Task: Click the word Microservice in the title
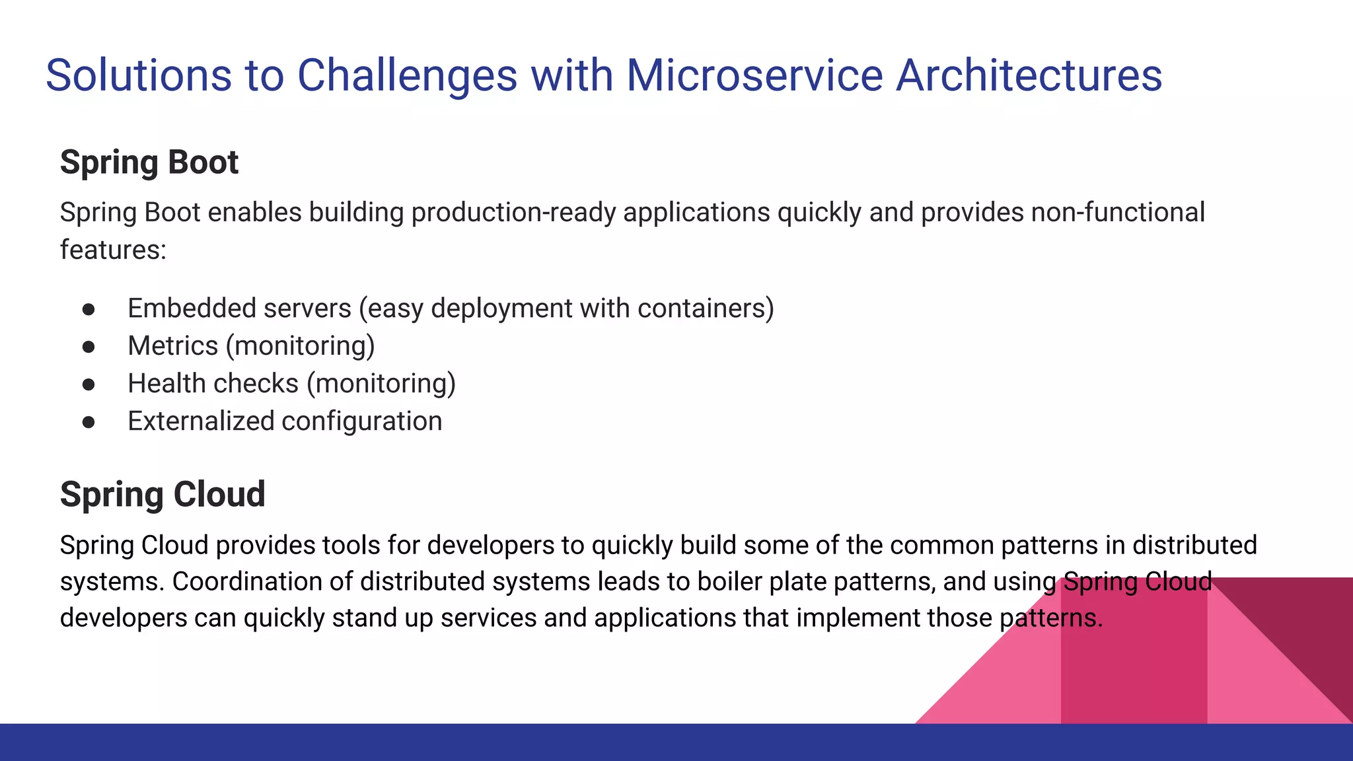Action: coord(754,75)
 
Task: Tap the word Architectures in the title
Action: coord(1029,75)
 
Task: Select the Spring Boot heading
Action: coord(149,162)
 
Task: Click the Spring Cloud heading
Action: coord(163,494)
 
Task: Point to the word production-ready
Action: coord(513,213)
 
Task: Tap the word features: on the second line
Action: coord(113,250)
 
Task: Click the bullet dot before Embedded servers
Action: coord(89,309)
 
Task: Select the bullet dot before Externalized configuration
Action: coord(89,422)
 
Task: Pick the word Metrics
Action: coord(172,346)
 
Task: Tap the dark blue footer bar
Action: coord(462,743)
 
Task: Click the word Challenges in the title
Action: coord(407,75)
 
